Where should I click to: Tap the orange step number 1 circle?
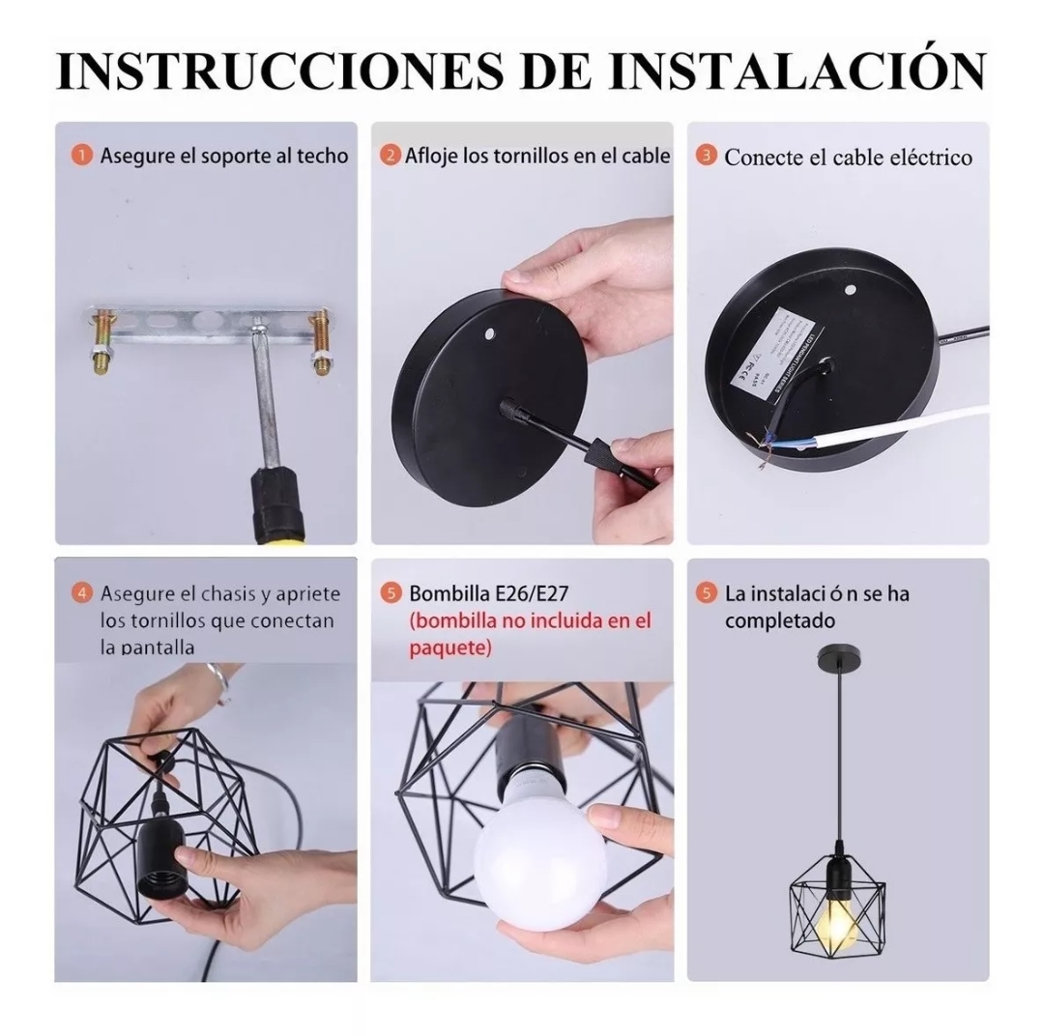[x=82, y=156]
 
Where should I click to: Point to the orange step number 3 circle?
[x=707, y=156]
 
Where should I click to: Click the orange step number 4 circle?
[x=82, y=592]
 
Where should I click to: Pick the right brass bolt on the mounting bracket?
[x=320, y=342]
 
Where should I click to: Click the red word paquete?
[x=449, y=647]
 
